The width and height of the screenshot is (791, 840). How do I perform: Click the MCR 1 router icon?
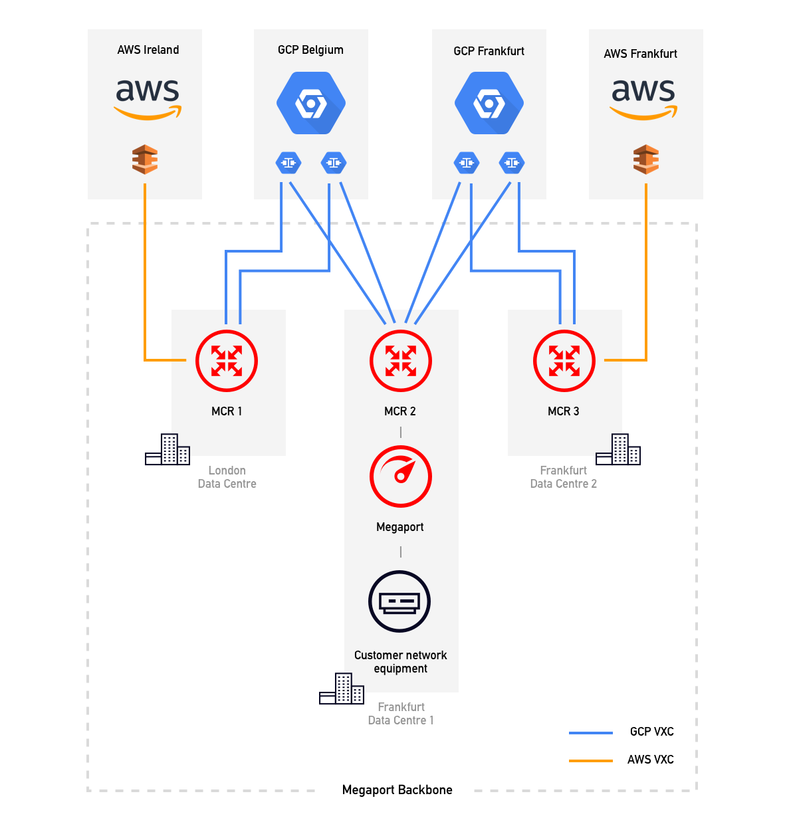tap(227, 361)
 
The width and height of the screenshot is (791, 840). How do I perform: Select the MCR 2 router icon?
tap(401, 361)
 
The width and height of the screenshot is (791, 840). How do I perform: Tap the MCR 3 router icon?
tap(564, 361)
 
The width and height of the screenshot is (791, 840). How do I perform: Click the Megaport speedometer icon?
tap(401, 476)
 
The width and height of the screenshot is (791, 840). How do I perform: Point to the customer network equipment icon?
tap(399, 601)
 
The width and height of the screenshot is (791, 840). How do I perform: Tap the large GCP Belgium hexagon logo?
tap(310, 104)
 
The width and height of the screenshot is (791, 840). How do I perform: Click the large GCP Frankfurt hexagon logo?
tap(489, 104)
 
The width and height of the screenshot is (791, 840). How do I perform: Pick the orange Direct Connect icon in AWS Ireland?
tap(145, 159)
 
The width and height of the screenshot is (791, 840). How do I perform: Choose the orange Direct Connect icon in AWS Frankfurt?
tap(646, 159)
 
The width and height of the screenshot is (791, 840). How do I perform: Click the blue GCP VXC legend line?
tap(590, 732)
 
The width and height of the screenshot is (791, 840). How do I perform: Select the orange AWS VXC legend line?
tap(590, 760)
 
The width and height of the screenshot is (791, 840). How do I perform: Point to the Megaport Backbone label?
tap(397, 790)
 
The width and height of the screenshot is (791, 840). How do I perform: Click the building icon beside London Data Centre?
tap(168, 450)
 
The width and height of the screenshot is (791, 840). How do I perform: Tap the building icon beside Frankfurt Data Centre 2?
tap(618, 450)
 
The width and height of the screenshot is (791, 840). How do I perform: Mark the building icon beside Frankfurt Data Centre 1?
tap(342, 688)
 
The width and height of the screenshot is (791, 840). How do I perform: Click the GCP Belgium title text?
tap(310, 50)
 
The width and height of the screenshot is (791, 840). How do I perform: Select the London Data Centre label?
tap(227, 477)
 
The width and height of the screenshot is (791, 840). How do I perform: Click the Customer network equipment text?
tap(400, 662)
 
